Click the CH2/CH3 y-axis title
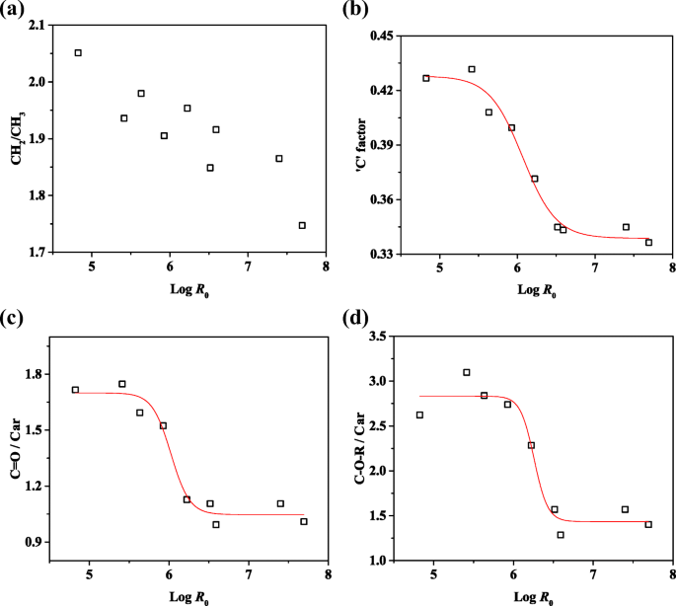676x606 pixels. [x=17, y=138]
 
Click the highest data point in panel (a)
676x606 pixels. [x=78, y=52]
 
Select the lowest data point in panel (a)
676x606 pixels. [x=302, y=225]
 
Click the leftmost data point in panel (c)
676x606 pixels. [x=75, y=390]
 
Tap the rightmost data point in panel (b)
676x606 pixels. [x=648, y=242]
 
